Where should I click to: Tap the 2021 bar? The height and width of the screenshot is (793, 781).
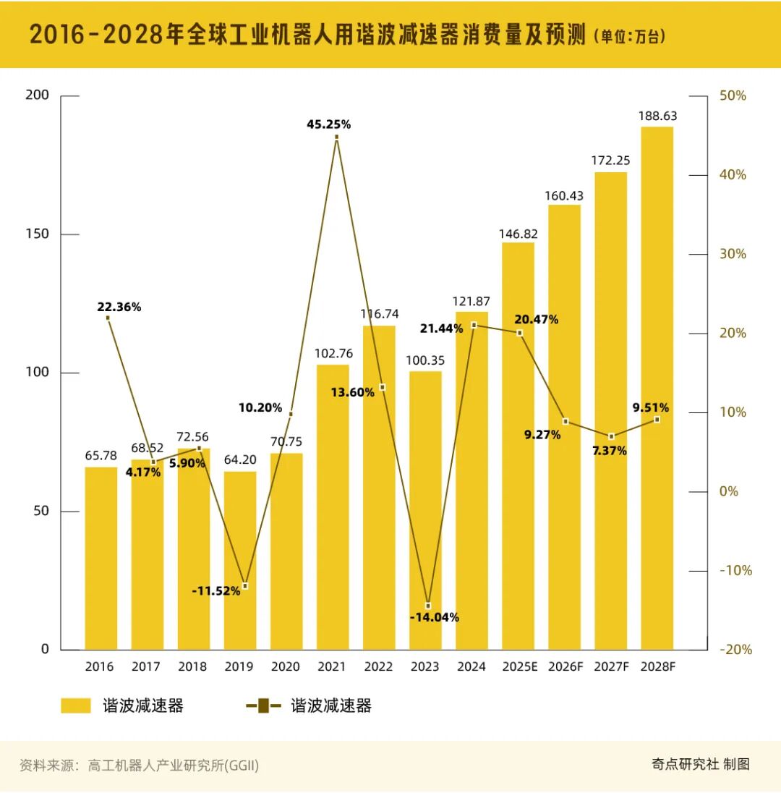coord(333,506)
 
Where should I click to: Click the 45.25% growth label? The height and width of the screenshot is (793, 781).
coord(328,124)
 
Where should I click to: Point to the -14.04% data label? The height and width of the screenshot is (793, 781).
coord(434,617)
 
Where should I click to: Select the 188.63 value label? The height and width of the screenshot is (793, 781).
coord(657,116)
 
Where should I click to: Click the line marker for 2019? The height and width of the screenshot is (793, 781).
coord(245,585)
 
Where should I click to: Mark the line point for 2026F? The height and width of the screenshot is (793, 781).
coord(565,421)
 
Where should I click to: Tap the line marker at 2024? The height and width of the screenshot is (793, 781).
coord(474,325)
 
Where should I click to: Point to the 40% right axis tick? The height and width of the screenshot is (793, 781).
coord(732,175)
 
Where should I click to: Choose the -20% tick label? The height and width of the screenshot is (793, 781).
coord(735,650)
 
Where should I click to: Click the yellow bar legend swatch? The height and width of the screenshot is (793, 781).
coord(75,705)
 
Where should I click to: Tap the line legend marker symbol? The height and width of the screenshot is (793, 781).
coord(263,705)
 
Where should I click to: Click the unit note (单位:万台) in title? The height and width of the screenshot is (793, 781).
coord(629,35)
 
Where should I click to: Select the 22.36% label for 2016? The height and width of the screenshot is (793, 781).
coord(119,307)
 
